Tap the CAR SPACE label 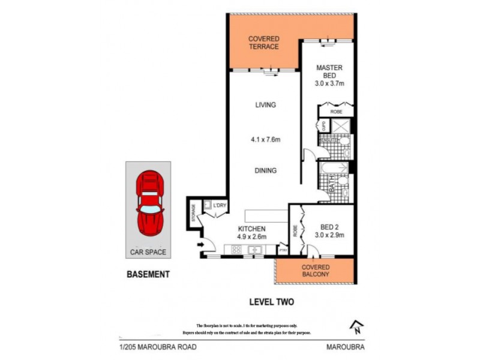(148, 252)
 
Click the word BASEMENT (148, 274)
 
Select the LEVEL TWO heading (271, 302)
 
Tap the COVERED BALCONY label (315, 270)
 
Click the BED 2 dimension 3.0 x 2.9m (329, 235)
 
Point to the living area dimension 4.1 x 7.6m (265, 140)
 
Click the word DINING (265, 170)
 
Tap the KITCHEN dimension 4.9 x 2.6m (251, 236)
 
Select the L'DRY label (220, 206)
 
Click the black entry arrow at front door (199, 244)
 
